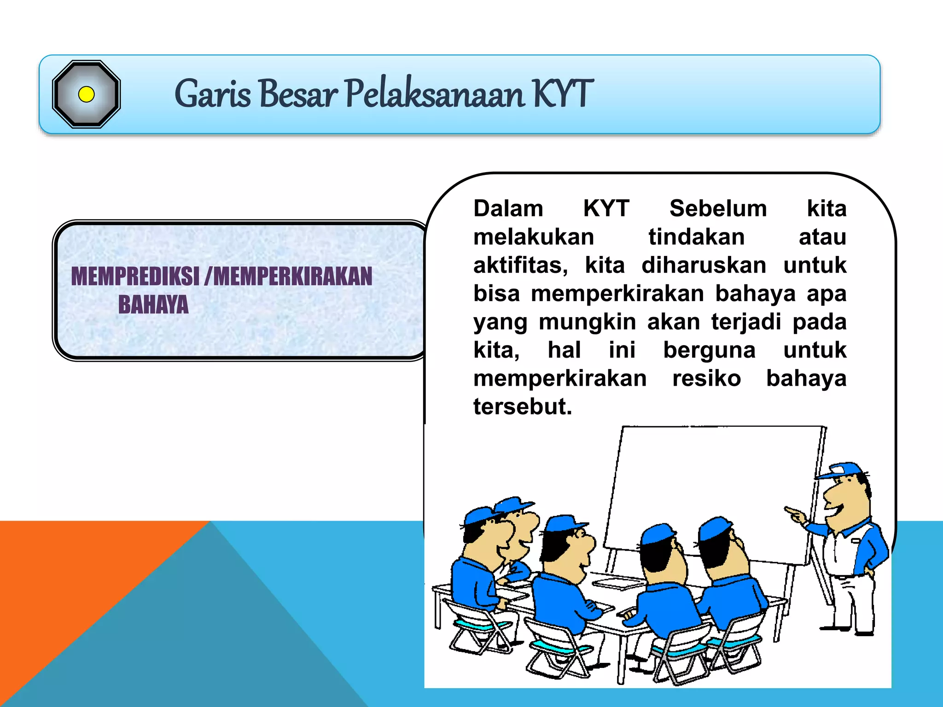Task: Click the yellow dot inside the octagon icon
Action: [86, 94]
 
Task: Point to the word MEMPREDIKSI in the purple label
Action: [135, 276]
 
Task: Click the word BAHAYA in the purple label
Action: [153, 305]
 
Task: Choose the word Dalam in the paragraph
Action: [508, 209]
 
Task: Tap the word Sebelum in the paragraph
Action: [718, 209]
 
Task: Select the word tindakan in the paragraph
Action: [696, 237]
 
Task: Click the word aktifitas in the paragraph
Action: [520, 266]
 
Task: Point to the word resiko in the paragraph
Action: [706, 378]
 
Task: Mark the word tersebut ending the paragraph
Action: [523, 407]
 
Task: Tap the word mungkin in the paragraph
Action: [588, 322]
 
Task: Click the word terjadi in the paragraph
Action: [746, 322]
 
